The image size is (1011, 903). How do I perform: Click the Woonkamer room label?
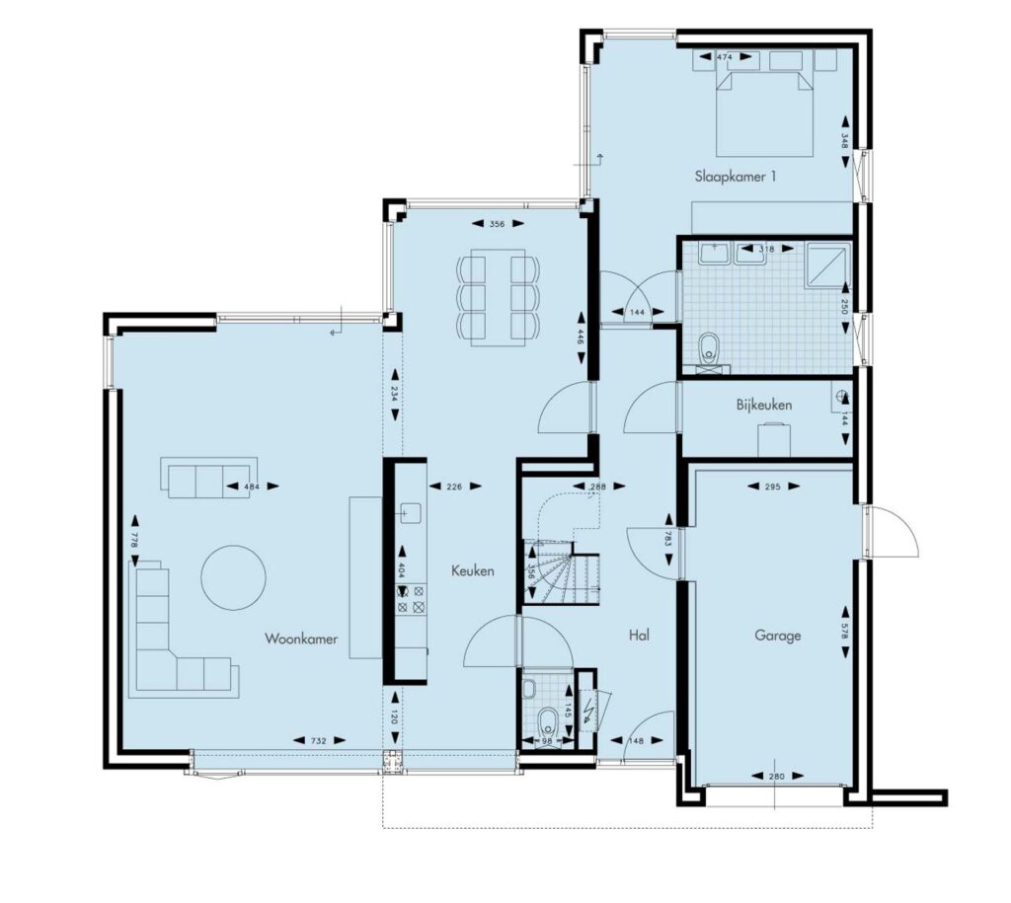301,639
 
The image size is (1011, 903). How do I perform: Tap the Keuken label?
473,570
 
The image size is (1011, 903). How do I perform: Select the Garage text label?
778,636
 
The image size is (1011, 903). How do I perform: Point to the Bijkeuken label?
764,405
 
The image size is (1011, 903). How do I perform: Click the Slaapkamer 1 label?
735,176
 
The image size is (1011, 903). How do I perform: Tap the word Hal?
639,635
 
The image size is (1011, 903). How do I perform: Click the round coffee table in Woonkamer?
233,578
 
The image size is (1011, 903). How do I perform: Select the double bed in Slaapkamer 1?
764,113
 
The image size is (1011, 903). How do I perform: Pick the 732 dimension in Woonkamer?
319,740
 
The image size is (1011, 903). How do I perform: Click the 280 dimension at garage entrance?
777,776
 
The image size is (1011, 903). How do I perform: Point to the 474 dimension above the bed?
725,56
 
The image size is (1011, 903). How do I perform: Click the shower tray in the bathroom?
827,264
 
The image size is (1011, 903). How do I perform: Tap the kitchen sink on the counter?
408,513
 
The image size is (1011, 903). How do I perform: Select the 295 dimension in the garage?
772,487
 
